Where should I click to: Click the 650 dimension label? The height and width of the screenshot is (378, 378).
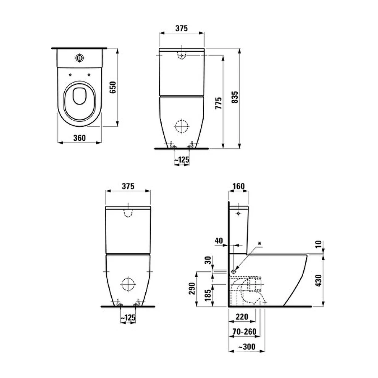113,87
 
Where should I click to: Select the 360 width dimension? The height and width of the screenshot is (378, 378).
79,138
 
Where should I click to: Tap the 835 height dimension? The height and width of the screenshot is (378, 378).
234,97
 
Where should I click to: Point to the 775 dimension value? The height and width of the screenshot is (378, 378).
218,103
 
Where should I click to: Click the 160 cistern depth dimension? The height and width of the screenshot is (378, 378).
239,186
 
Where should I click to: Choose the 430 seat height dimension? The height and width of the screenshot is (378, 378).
318,281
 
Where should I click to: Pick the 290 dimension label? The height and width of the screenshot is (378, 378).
192,289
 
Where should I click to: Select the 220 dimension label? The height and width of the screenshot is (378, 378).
242,317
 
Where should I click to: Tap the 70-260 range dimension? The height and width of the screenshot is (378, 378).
244,332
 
